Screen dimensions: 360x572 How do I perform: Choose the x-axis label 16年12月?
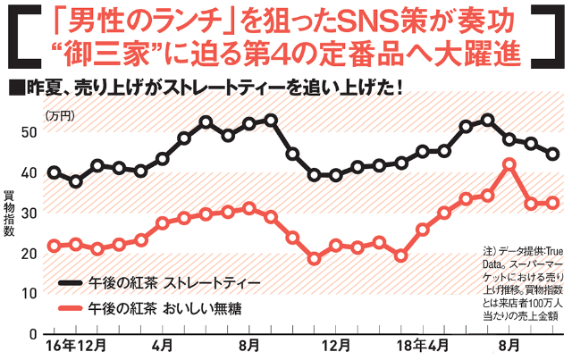[75, 346]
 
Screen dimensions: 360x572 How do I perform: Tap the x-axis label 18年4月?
[423, 346]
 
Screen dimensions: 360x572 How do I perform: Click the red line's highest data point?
[509, 164]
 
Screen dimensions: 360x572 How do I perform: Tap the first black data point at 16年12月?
[55, 172]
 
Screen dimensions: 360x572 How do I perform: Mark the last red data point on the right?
[552, 203]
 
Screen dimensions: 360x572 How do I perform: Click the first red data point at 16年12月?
[55, 246]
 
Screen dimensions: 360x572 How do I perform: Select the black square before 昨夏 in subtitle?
[13, 90]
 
